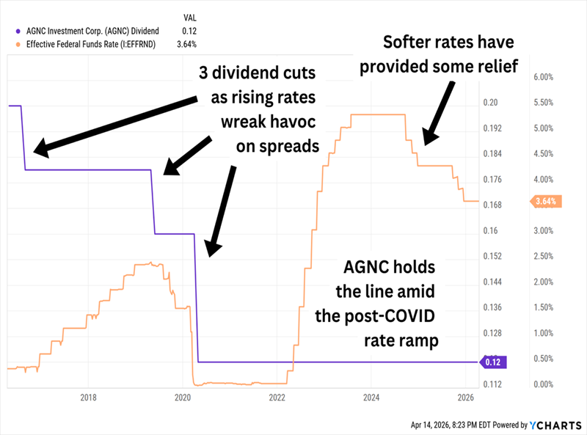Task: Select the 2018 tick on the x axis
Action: pos(88,398)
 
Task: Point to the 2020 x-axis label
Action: pos(183,398)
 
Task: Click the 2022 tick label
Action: pos(277,398)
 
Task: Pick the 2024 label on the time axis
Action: pos(371,398)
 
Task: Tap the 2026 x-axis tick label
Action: pos(466,398)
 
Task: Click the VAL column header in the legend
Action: pos(189,16)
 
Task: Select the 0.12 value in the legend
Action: pos(189,30)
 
